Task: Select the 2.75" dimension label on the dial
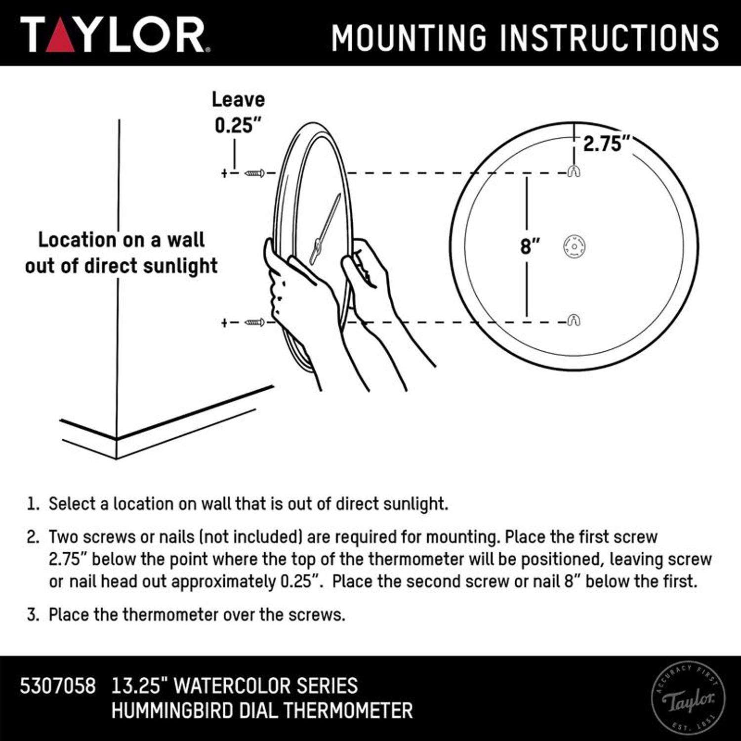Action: click(x=607, y=144)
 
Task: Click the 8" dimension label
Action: click(x=530, y=246)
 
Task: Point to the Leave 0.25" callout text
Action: click(x=238, y=113)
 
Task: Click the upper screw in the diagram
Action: click(x=255, y=173)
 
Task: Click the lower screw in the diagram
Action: click(x=255, y=323)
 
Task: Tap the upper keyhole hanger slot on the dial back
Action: click(x=574, y=171)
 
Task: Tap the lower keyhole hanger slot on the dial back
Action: click(x=574, y=320)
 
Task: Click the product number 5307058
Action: click(x=57, y=686)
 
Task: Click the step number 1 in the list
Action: click(x=33, y=504)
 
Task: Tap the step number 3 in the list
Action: click(x=33, y=615)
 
